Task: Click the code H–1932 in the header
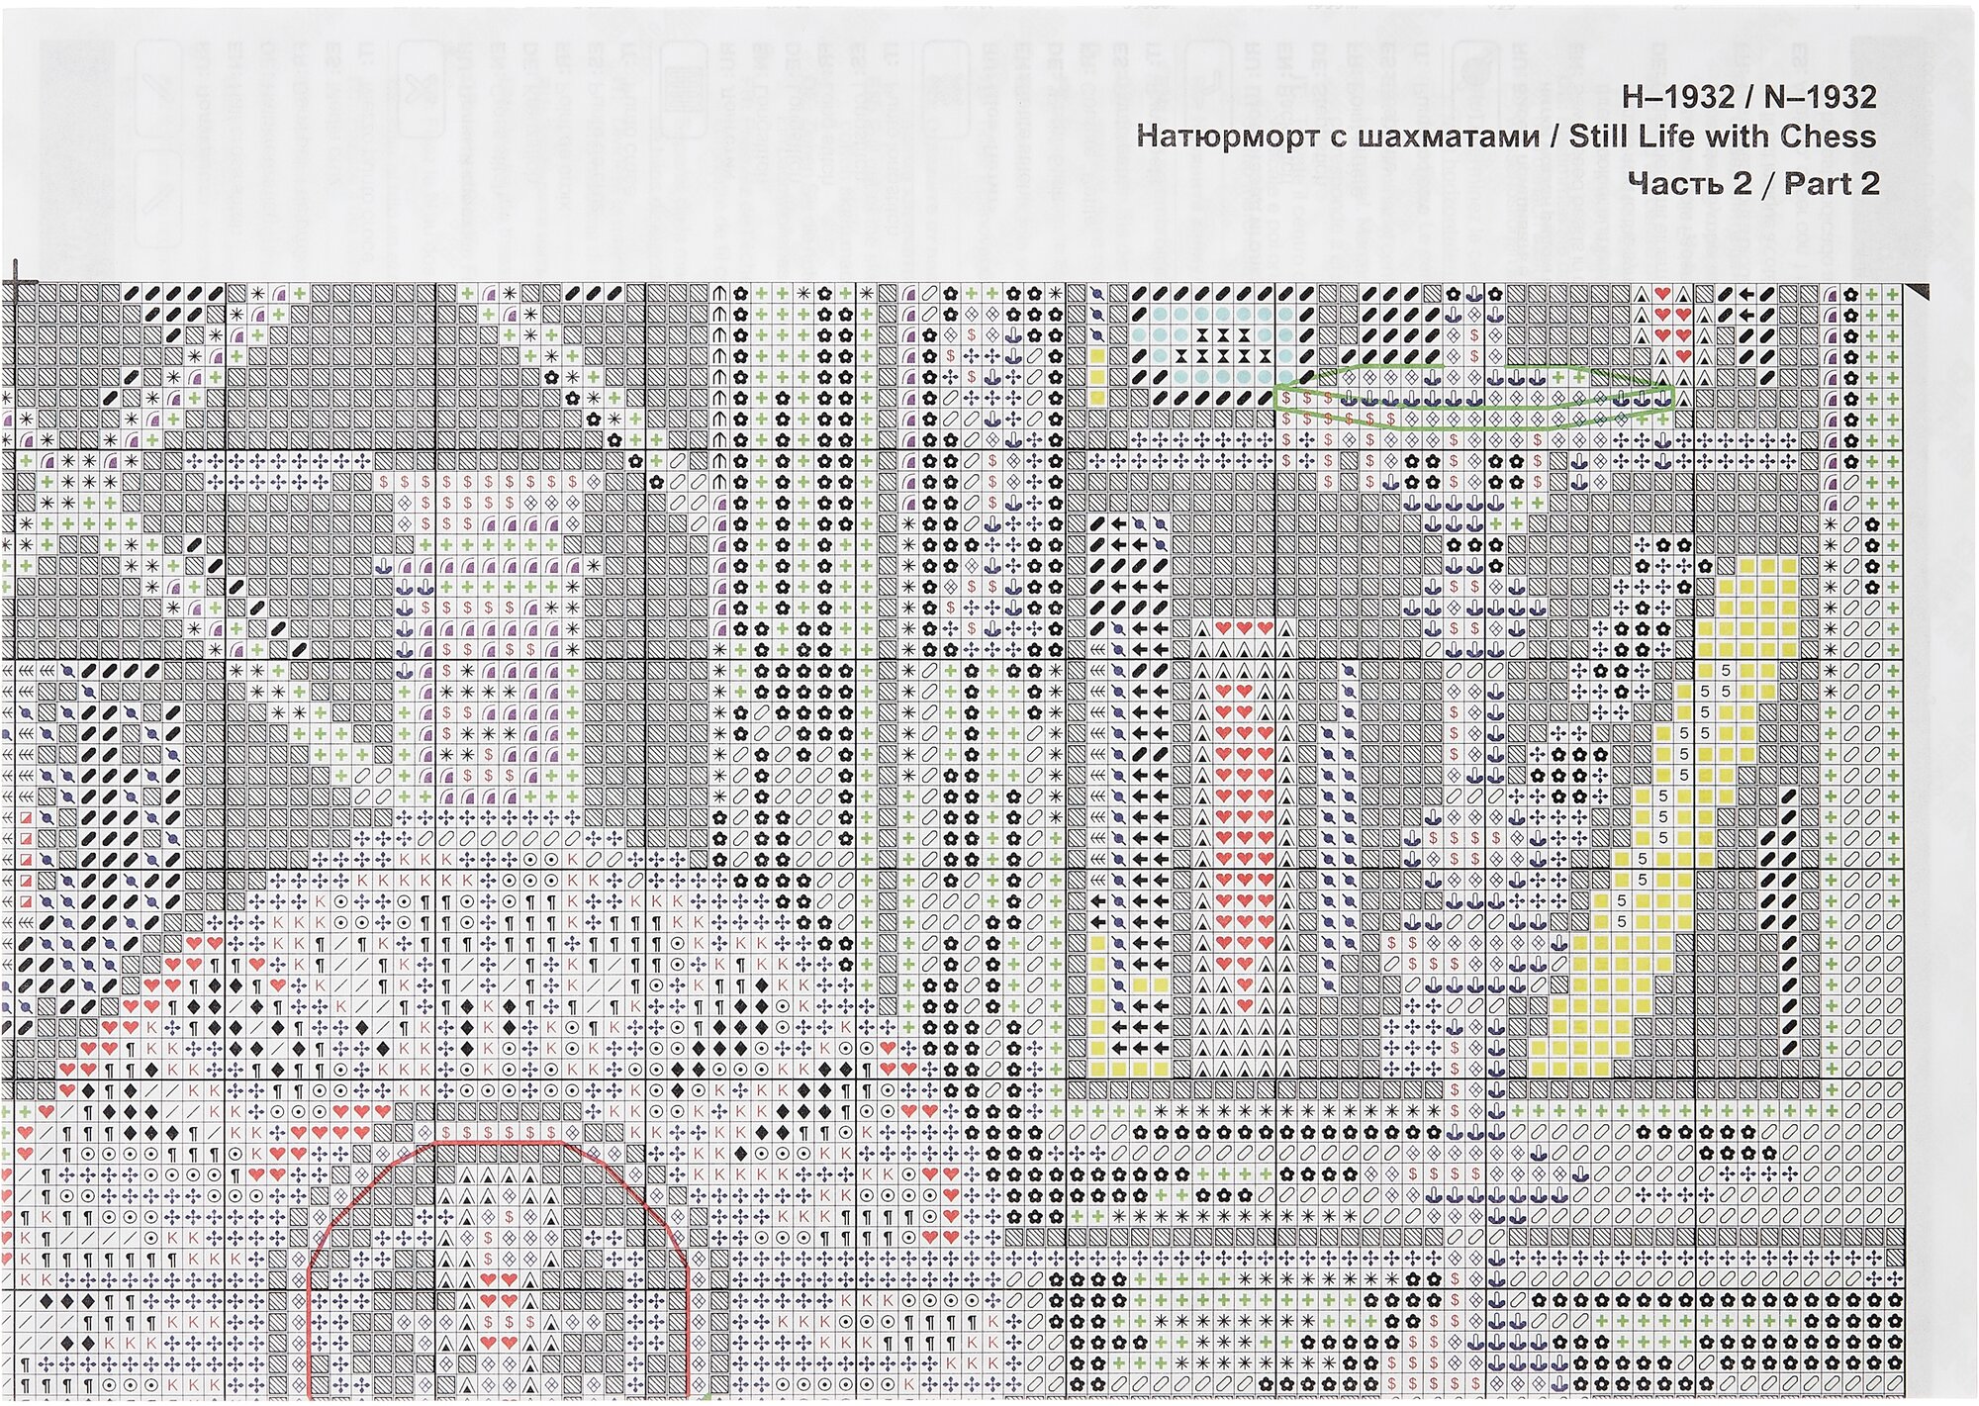click(1678, 97)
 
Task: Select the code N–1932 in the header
click(1820, 97)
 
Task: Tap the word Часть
click(1676, 183)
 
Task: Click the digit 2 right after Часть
click(1742, 183)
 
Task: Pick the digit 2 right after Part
click(1869, 183)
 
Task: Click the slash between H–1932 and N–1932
click(1749, 97)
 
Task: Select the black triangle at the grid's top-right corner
click(1919, 292)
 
